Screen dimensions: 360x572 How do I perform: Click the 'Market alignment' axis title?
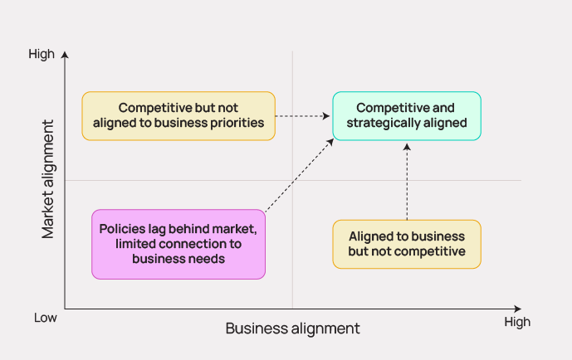[49, 180]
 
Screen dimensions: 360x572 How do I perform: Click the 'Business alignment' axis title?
[292, 328]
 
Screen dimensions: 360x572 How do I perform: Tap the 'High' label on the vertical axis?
[42, 55]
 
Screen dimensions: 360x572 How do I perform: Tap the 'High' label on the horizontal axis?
[516, 322]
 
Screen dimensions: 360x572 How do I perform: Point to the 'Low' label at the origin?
[45, 318]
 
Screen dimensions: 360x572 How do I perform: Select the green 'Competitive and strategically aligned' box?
[406, 115]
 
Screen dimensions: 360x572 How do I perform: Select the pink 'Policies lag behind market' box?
[178, 244]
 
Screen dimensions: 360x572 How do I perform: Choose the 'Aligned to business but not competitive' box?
[407, 244]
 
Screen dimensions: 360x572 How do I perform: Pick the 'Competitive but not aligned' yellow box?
[178, 115]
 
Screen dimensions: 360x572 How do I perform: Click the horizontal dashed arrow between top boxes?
[303, 116]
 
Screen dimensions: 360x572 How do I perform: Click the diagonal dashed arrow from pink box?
[299, 173]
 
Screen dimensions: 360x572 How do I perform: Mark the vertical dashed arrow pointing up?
[407, 181]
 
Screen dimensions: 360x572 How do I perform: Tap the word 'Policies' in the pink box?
[124, 228]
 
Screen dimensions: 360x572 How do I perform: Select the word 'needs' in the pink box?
[207, 259]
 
